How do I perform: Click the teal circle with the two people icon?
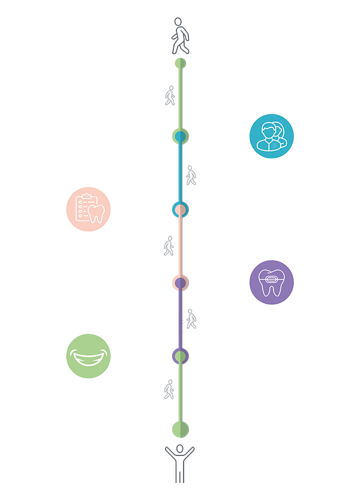[271, 136]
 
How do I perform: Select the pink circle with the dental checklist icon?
[88, 209]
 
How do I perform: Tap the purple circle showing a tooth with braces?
[271, 282]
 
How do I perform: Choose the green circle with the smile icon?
[88, 356]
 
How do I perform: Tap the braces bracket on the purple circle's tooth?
[271, 279]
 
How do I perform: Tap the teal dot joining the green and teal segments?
[179, 138]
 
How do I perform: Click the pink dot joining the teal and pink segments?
[180, 210]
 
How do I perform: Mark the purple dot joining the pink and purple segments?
[180, 283]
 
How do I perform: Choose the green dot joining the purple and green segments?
[180, 356]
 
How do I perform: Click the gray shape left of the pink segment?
[164, 243]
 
